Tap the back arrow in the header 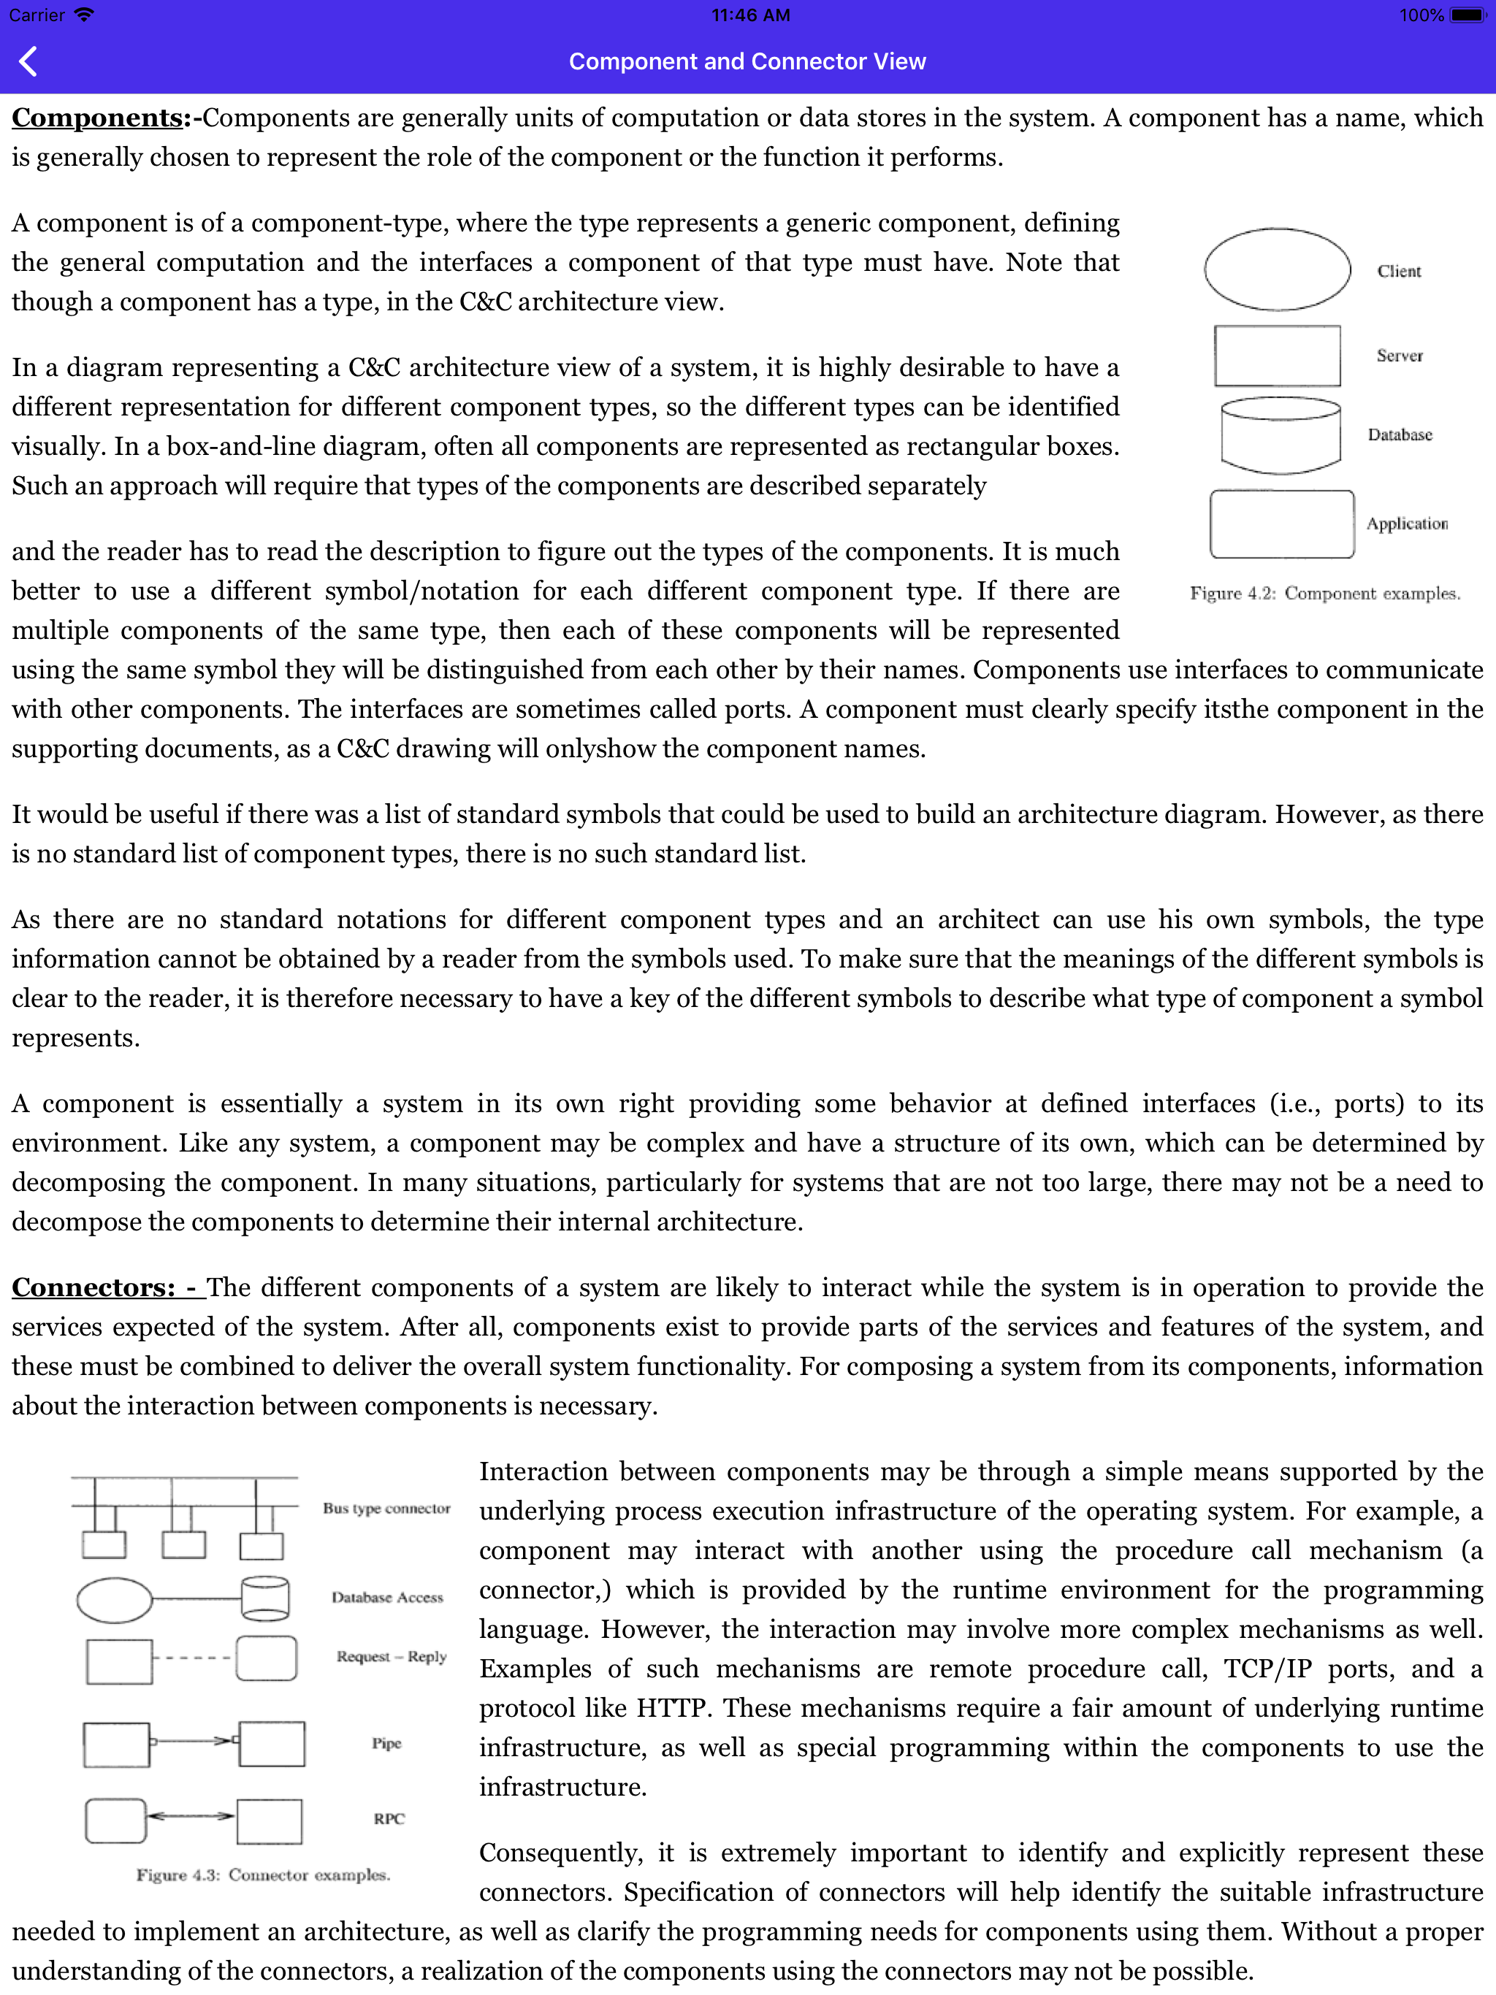(28, 61)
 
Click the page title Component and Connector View (747, 61)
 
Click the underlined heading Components (97, 118)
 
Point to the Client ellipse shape (1277, 269)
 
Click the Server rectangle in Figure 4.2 (1277, 356)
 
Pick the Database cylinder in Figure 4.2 (1280, 436)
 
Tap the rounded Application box (1281, 524)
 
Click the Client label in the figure (1399, 272)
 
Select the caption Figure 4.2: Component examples (1324, 594)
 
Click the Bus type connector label (386, 1509)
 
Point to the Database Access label (387, 1597)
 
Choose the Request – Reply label (392, 1657)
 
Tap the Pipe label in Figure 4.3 (386, 1743)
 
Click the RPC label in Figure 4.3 (389, 1819)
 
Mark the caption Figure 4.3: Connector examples (262, 1875)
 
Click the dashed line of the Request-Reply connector (193, 1658)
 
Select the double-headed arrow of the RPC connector (191, 1815)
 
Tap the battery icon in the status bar (1467, 15)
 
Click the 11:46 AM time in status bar (749, 15)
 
